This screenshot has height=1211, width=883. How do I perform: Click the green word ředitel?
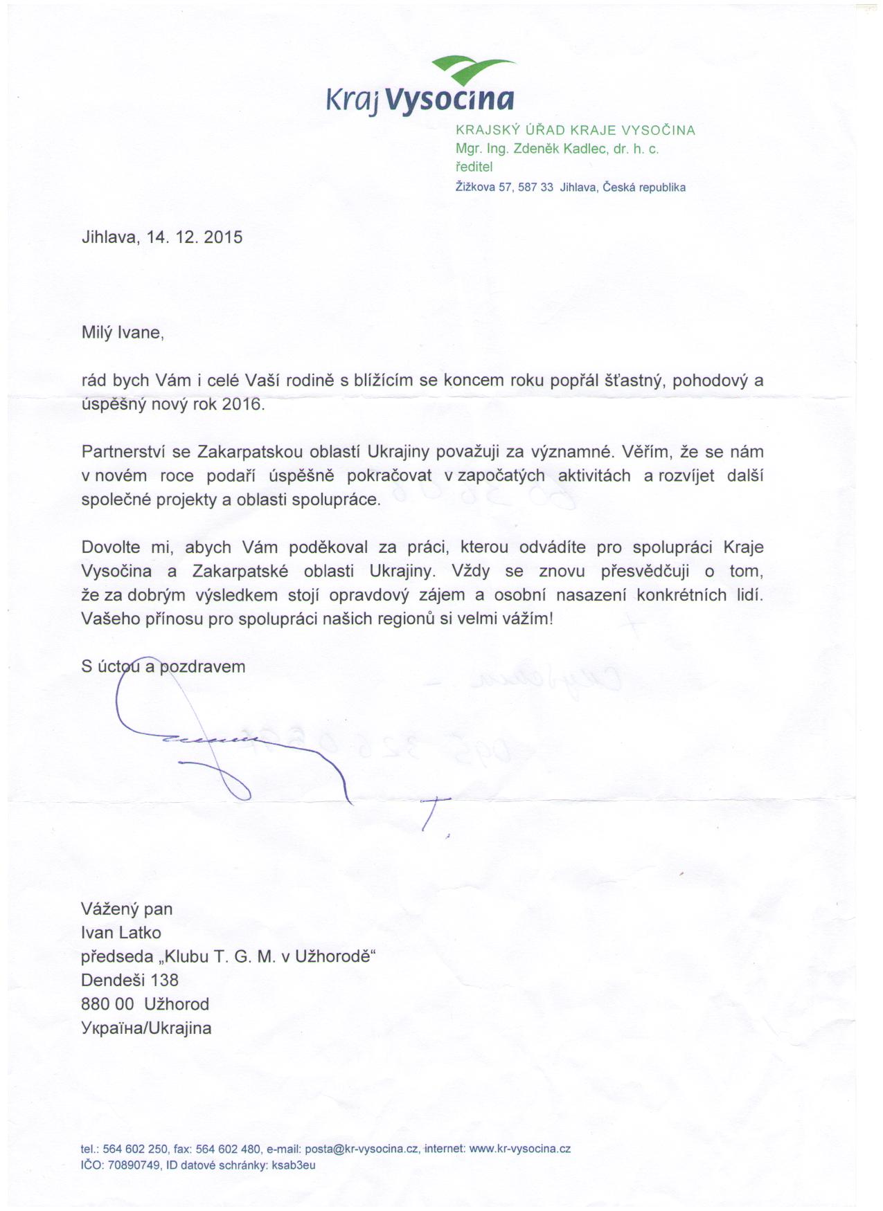[474, 167]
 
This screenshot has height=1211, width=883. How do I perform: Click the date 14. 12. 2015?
[195, 237]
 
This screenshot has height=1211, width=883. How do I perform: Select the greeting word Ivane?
[142, 333]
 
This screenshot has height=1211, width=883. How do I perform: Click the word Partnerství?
[124, 453]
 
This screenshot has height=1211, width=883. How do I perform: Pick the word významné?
[572, 453]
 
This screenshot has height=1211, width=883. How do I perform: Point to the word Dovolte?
[112, 547]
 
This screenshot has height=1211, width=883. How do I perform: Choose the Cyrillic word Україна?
[109, 1028]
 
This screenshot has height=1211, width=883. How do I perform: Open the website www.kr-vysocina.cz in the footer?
[520, 1149]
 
